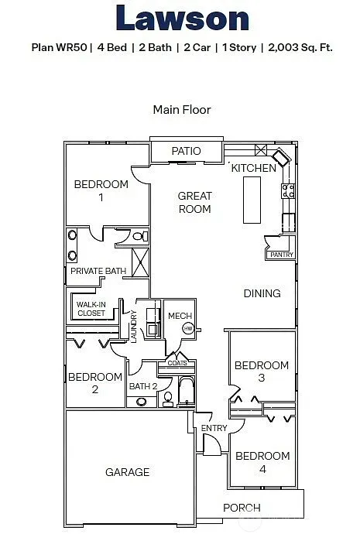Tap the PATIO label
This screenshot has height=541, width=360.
(187, 151)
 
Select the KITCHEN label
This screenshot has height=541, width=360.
(253, 168)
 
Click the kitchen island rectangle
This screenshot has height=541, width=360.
(252, 200)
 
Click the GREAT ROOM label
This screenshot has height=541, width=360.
(194, 203)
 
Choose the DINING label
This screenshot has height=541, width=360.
(262, 293)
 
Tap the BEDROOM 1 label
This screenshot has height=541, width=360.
(101, 190)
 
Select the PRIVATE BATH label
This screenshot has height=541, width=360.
(98, 272)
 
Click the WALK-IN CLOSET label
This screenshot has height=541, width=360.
(91, 309)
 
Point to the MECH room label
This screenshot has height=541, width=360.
(180, 316)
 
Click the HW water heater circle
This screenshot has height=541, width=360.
(187, 329)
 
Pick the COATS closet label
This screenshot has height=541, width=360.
(177, 362)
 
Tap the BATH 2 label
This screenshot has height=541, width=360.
(143, 386)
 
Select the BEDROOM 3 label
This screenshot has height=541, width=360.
(262, 372)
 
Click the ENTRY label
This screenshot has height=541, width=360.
(214, 428)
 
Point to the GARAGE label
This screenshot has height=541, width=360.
(128, 472)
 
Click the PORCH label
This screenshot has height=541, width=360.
(242, 508)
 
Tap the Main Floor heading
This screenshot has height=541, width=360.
(182, 110)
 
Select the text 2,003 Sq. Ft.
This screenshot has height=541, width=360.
(300, 47)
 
